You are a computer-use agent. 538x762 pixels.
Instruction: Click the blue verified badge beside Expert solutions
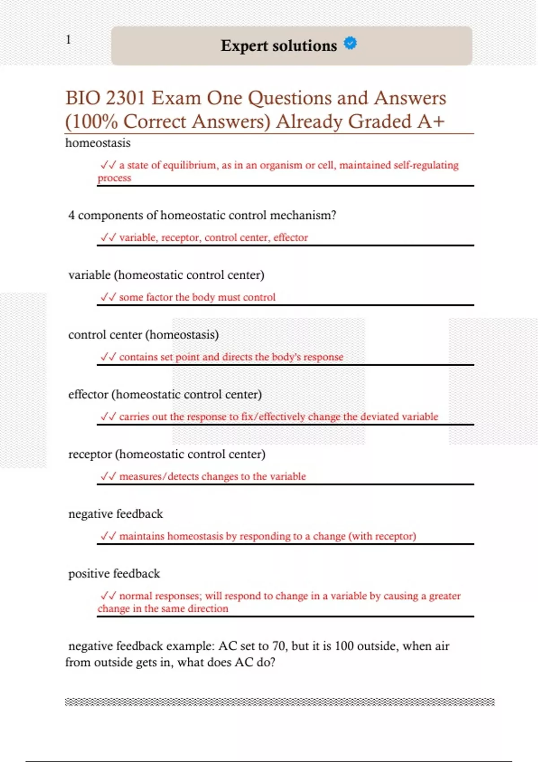click(350, 43)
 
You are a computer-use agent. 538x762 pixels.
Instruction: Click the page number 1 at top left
click(69, 39)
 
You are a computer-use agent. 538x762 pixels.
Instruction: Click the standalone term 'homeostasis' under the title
click(98, 143)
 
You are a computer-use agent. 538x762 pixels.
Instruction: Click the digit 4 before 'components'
click(71, 215)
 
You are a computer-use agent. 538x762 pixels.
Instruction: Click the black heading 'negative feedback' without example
click(115, 514)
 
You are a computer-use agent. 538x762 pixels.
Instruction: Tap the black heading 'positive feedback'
click(114, 574)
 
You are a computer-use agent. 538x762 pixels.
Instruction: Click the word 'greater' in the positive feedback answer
click(444, 596)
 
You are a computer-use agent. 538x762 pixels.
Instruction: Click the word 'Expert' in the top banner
click(244, 46)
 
